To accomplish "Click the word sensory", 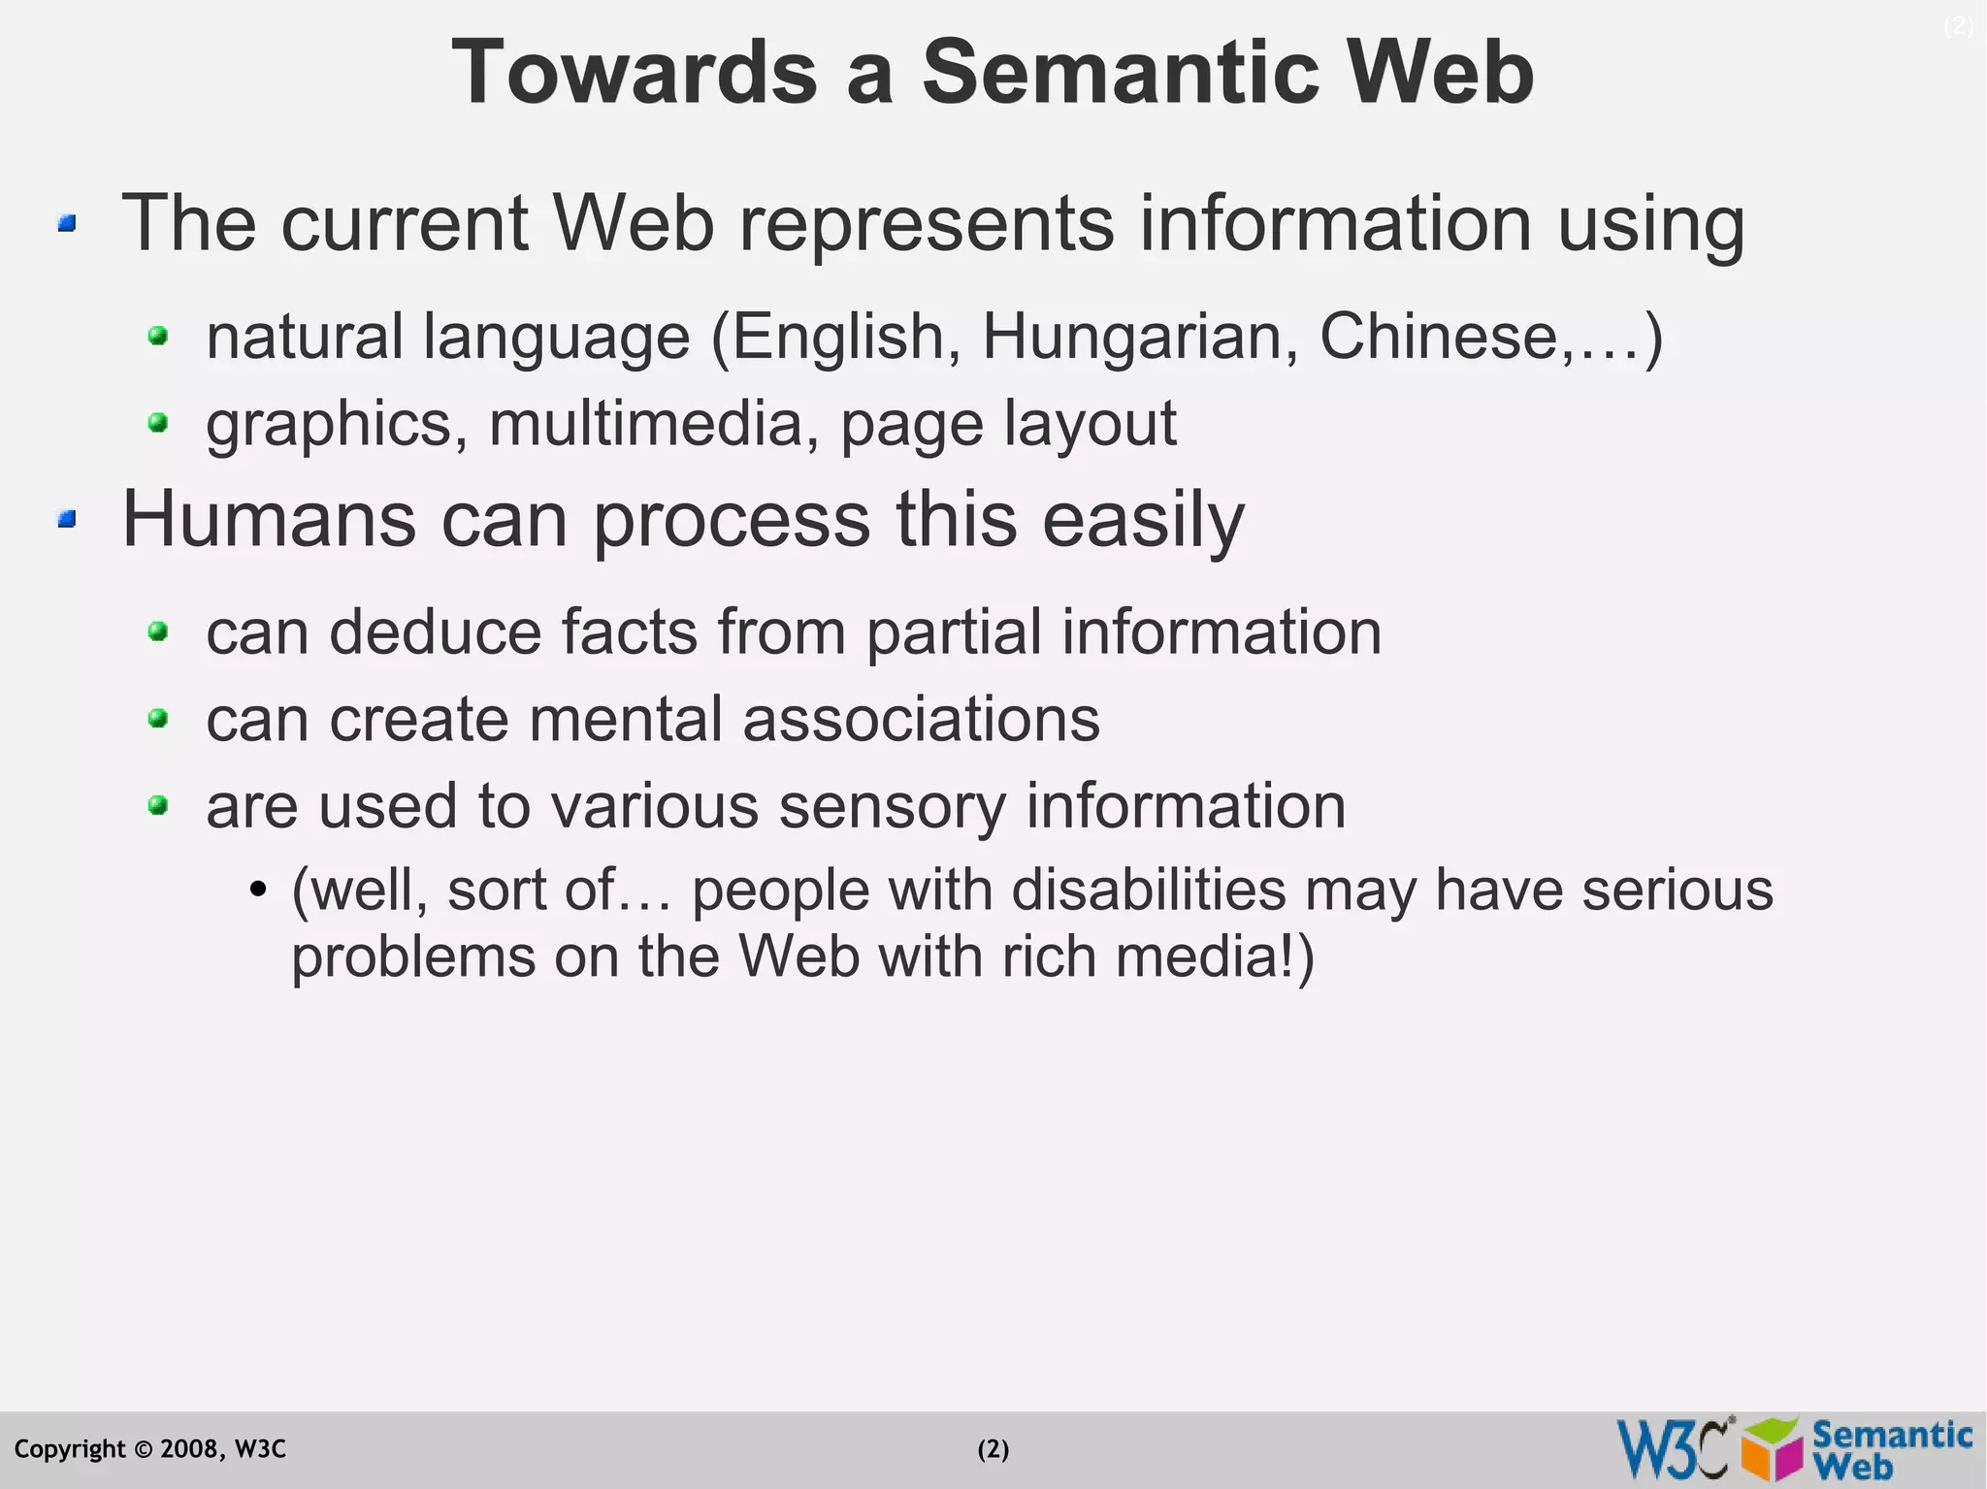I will tap(892, 806).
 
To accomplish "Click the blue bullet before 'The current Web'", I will tap(67, 224).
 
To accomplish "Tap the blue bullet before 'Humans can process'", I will tap(67, 520).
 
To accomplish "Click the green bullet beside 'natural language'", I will tap(158, 338).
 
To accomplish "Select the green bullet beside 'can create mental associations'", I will tap(158, 719).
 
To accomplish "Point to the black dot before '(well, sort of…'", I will tap(257, 889).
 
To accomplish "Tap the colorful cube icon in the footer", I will tap(1772, 1449).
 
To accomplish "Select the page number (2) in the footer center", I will tap(993, 1449).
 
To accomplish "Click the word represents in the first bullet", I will tap(927, 224).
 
